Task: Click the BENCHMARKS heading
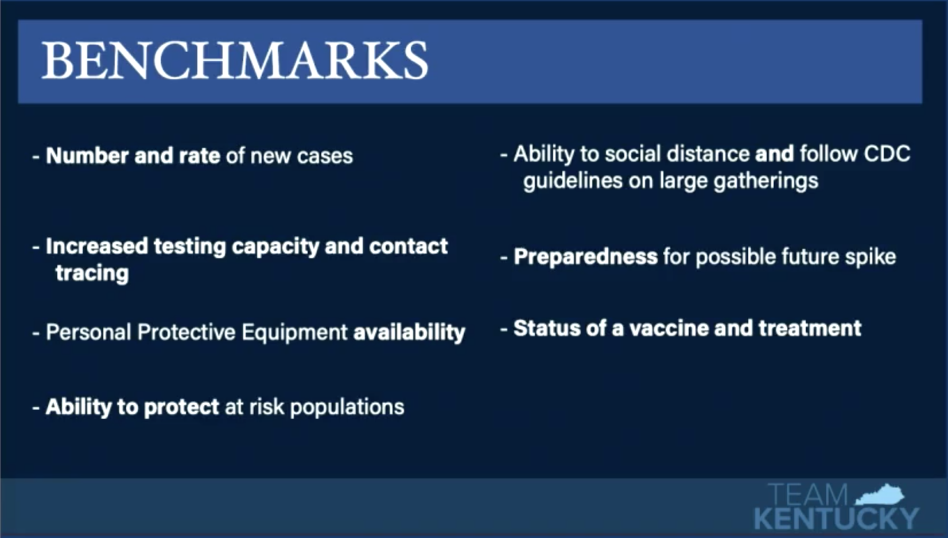pos(235,60)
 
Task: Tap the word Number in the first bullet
pos(87,155)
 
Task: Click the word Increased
pos(97,246)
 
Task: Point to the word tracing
pos(92,273)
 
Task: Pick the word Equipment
pos(294,333)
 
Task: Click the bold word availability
pos(409,332)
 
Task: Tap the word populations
pos(347,407)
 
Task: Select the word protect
pos(181,407)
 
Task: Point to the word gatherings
pos(766,181)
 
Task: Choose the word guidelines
pos(573,181)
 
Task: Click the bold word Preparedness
pos(586,257)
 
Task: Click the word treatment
pos(810,329)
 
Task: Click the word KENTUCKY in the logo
pos(836,518)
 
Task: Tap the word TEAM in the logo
pos(808,495)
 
